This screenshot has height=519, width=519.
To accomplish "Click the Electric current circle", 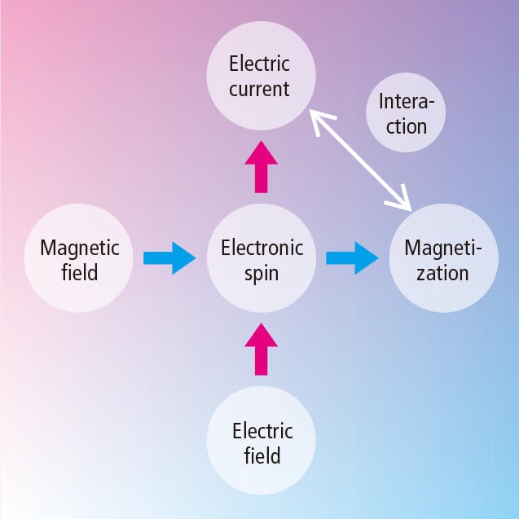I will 260,75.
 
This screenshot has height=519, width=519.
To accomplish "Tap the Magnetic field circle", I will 79,258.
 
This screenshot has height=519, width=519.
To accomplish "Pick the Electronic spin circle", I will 262,258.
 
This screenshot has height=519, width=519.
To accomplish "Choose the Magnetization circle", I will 442,258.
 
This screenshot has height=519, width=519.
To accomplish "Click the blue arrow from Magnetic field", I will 169,258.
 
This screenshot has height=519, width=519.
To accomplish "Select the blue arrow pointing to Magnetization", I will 352,258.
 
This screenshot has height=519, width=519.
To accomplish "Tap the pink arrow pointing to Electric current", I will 261,166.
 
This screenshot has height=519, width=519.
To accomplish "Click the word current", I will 259,88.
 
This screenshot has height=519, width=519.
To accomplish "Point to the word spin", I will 262,272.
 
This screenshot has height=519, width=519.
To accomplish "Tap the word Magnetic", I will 80,247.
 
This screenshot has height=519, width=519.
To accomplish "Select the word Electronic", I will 262,247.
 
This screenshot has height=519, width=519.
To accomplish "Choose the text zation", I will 442,272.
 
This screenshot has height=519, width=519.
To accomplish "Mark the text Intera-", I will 407,103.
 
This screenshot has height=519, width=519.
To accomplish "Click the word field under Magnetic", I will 79,271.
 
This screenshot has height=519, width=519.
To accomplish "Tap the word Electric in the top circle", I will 259,63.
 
